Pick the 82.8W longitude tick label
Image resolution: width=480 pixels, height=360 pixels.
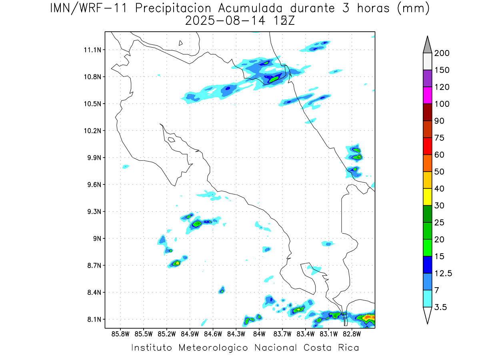352,334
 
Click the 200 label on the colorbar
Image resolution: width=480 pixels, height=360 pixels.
442,53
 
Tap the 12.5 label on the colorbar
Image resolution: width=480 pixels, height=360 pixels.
443,274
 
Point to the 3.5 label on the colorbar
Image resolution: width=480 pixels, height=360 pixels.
441,307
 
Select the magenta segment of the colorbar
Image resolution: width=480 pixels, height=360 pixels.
427,95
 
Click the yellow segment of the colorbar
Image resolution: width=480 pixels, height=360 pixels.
427,197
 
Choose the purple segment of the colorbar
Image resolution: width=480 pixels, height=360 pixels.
427,78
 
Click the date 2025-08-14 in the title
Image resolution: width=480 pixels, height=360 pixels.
224,20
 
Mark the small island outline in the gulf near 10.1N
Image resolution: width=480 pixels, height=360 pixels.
171,140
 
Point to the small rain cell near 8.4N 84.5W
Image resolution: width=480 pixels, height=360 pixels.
222,290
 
